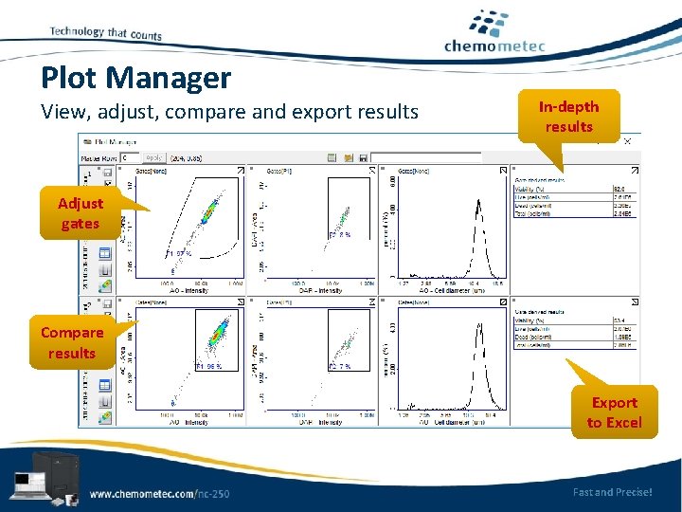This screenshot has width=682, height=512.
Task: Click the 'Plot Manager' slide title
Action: (x=135, y=78)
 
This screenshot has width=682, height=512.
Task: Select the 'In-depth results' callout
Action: (x=568, y=117)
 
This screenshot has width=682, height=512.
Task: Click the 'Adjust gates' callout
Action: (x=81, y=213)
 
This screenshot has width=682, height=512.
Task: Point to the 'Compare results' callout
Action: (x=72, y=343)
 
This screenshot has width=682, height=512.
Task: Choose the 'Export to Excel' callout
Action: (x=614, y=413)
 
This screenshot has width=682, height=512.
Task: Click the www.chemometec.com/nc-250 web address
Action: (x=159, y=493)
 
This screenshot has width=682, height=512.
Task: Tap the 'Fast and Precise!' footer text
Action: (x=612, y=492)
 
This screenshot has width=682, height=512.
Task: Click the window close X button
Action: (x=626, y=140)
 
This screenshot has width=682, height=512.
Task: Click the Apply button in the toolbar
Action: (x=155, y=156)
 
